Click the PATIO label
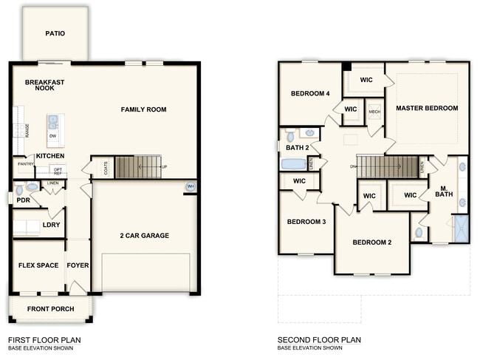[x=55, y=33]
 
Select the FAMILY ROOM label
[x=143, y=109]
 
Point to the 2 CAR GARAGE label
[x=144, y=236]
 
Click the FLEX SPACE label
[x=38, y=265]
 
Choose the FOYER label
[x=78, y=265]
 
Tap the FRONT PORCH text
[x=50, y=308]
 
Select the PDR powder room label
[x=23, y=200]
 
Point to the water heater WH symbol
[x=191, y=186]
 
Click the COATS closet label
[x=107, y=168]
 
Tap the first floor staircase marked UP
[x=138, y=167]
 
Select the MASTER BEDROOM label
[x=426, y=108]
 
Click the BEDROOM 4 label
[x=309, y=93]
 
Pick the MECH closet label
[x=374, y=112]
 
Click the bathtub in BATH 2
[x=294, y=163]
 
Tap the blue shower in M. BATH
[x=461, y=228]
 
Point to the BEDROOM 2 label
[x=371, y=242]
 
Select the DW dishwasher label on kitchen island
[x=53, y=136]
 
